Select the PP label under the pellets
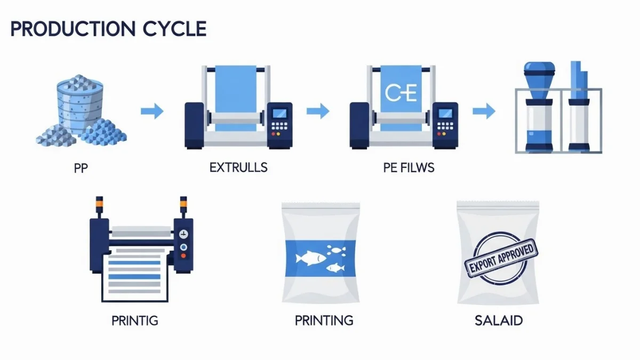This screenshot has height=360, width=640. [80, 168]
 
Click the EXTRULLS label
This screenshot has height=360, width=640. [238, 168]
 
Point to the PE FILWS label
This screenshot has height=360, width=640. [409, 168]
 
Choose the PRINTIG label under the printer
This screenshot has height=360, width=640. [135, 321]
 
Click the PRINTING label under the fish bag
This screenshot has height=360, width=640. [324, 321]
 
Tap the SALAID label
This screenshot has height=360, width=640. [498, 321]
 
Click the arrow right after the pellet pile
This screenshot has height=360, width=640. [152, 111]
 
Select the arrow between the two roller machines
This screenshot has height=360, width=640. [318, 111]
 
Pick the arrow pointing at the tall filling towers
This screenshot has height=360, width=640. [484, 111]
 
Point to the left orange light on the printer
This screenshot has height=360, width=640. [99, 204]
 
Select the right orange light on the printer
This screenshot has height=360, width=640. [183, 204]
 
